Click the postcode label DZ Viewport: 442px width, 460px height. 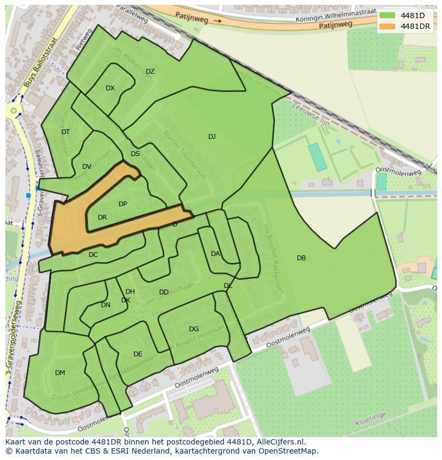[150, 72]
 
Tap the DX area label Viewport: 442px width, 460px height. [110, 88]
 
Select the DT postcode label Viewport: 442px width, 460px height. [66, 132]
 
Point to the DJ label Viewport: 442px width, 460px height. [212, 137]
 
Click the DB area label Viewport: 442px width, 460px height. [301, 258]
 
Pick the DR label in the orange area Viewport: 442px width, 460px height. [102, 217]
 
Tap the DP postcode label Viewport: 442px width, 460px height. [123, 204]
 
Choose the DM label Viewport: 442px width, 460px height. [60, 373]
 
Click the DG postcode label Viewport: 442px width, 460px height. [194, 329]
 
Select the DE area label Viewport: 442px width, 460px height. [138, 354]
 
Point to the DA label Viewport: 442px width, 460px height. [215, 254]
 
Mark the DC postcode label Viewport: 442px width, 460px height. [93, 255]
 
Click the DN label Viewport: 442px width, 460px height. [106, 305]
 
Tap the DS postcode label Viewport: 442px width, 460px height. [135, 154]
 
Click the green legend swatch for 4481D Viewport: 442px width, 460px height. [387, 15]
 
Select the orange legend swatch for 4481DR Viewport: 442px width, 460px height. [387, 26]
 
